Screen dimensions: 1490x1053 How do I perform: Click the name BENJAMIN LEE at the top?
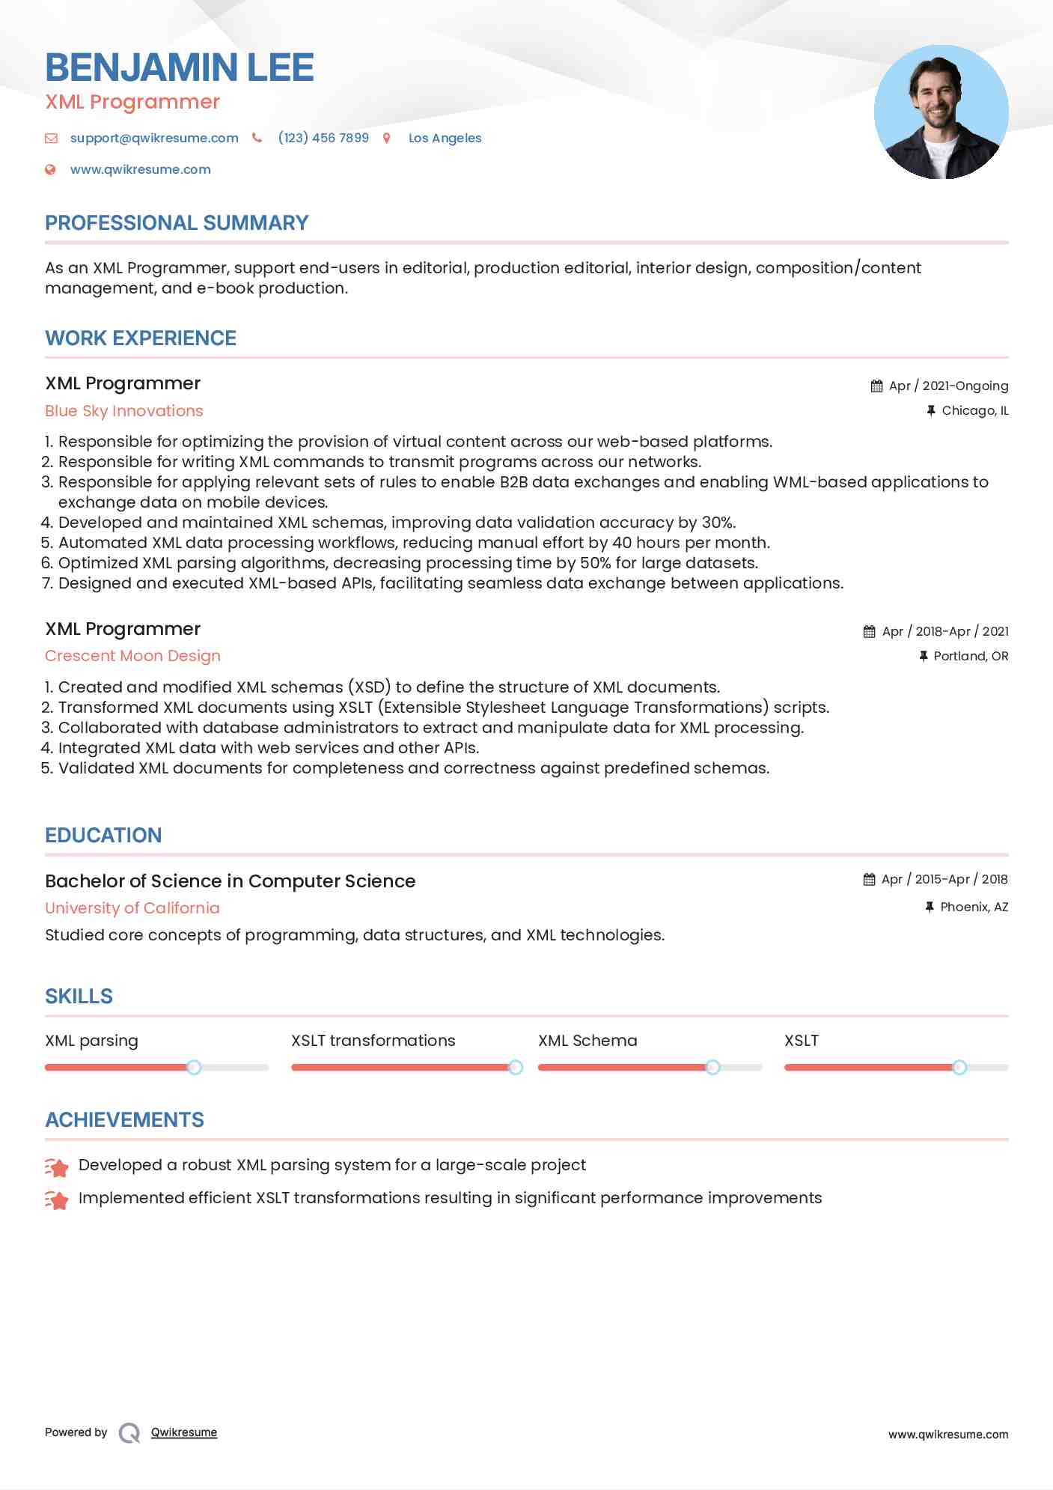[180, 67]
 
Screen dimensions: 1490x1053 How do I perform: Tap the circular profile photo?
[941, 112]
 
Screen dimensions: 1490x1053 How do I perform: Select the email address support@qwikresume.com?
[154, 138]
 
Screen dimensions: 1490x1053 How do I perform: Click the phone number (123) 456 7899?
[323, 138]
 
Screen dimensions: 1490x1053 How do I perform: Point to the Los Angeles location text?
[445, 138]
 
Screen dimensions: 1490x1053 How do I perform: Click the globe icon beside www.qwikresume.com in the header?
[50, 169]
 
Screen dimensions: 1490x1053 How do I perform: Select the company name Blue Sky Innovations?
[124, 410]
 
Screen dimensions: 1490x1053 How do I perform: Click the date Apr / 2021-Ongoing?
[948, 386]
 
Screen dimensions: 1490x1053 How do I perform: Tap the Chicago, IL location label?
[974, 410]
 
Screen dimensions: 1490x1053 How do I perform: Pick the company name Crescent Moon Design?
[132, 656]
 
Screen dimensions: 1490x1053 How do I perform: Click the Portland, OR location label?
[971, 656]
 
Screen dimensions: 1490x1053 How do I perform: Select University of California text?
[132, 907]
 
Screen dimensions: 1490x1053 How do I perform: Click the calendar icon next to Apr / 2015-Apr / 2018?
[869, 879]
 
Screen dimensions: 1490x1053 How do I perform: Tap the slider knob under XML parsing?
[194, 1067]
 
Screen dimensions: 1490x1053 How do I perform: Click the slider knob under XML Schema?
[713, 1067]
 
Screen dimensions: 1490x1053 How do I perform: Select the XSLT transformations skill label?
[373, 1040]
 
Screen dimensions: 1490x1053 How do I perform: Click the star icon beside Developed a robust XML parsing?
[57, 1167]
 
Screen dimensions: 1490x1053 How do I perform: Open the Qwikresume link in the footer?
[184, 1432]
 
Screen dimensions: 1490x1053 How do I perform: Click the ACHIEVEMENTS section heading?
[124, 1119]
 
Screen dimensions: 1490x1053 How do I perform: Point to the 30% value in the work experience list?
[718, 522]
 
